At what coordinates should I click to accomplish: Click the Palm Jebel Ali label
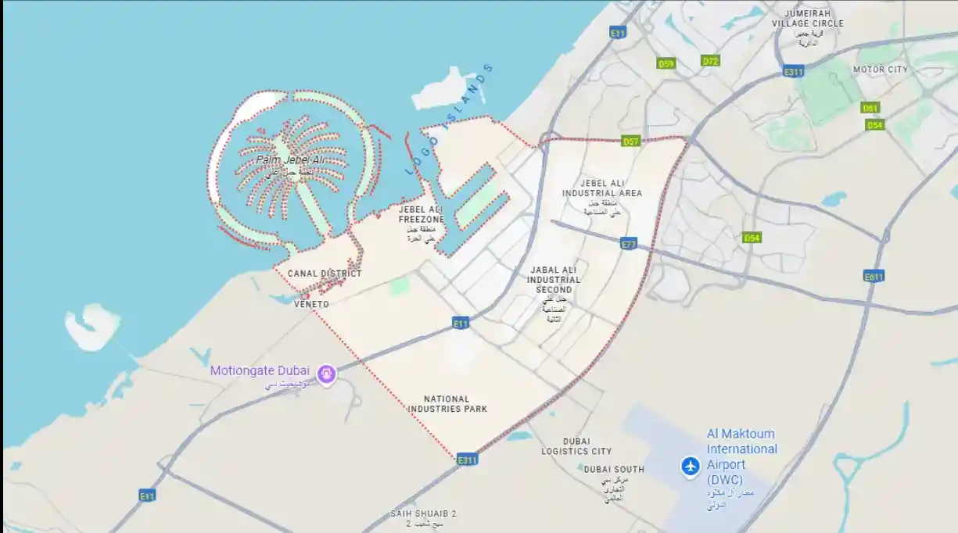pos(290,160)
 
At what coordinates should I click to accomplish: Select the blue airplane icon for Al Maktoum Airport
pos(690,466)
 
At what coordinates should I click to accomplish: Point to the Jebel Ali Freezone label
pos(422,215)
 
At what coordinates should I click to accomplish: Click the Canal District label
pos(325,274)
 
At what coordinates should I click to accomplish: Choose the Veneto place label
pos(311,304)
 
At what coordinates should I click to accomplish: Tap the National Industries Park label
pos(447,403)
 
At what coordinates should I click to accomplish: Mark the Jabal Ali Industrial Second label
pos(554,280)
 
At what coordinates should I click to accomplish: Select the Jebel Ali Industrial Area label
pos(602,188)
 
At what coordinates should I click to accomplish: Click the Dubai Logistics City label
pos(576,446)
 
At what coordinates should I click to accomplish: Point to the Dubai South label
pos(614,470)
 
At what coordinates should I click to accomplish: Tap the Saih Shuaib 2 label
pos(423,514)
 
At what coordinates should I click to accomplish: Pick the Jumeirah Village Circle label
pos(808,19)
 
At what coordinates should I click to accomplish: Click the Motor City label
pos(881,70)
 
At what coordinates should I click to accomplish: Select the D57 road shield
pos(631,141)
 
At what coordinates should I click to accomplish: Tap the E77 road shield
pos(628,244)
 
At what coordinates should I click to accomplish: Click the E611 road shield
pos(874,276)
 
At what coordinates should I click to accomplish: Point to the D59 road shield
pos(666,63)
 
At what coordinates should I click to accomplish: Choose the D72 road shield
pos(710,60)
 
